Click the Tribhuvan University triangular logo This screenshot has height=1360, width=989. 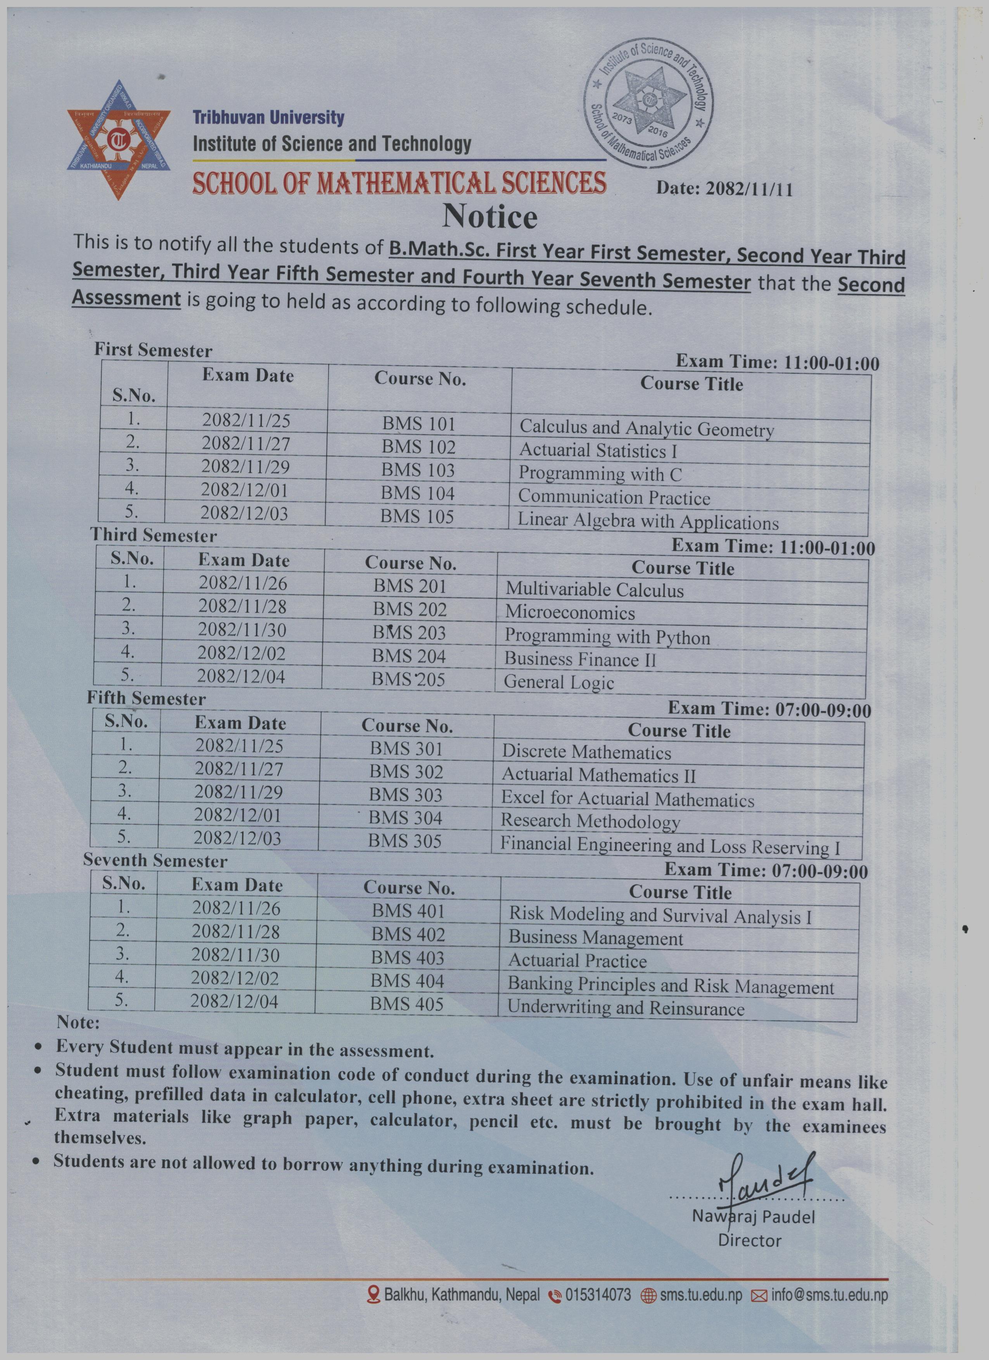tap(119, 141)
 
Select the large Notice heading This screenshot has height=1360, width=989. tap(489, 217)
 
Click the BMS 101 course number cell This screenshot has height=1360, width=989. tap(418, 424)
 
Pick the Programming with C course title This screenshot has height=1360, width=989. tap(600, 474)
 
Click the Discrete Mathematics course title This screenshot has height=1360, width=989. tap(586, 752)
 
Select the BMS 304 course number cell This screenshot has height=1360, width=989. tap(405, 818)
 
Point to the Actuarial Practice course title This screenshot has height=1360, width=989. tap(577, 961)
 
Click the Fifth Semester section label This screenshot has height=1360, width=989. tap(146, 699)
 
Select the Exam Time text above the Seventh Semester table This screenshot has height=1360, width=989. tap(766, 870)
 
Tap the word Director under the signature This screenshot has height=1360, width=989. tap(750, 1241)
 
